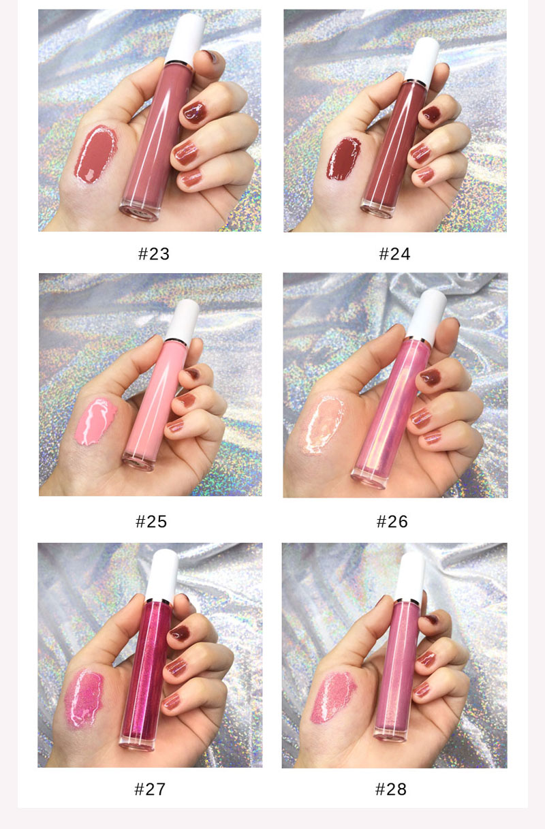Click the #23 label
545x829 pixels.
(x=153, y=254)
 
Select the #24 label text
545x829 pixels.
(x=394, y=254)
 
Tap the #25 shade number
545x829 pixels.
(x=151, y=522)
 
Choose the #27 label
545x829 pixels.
(x=150, y=789)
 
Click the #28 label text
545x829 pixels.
(x=391, y=789)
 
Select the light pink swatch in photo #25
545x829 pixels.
(x=97, y=420)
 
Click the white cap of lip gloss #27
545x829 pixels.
(x=163, y=571)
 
